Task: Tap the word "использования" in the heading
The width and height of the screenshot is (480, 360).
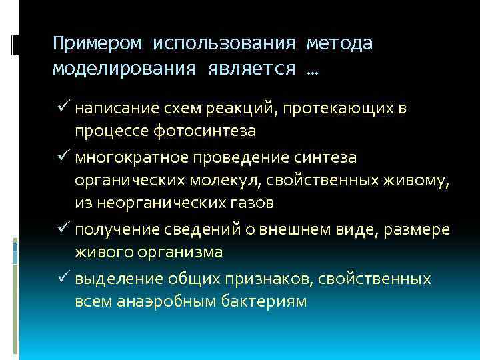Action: (x=224, y=44)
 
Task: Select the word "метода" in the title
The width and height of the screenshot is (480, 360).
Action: (x=339, y=44)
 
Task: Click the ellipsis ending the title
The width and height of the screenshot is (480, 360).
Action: (x=311, y=71)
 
